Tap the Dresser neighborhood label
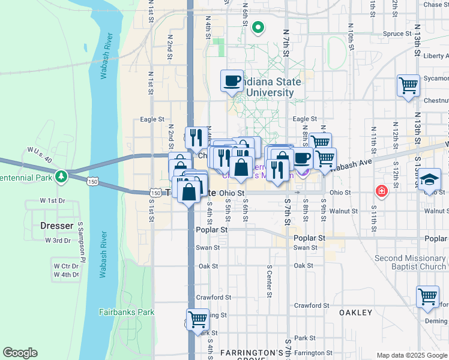click(x=56, y=226)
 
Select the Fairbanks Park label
click(x=127, y=312)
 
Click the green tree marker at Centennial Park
click(x=61, y=177)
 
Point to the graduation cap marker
click(x=429, y=179)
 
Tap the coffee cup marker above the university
click(x=232, y=80)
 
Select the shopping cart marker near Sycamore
click(x=408, y=85)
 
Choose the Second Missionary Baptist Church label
click(x=410, y=262)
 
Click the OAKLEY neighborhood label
click(x=356, y=313)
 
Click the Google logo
click(x=20, y=353)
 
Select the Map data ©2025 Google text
click(x=412, y=355)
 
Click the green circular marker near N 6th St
click(x=258, y=27)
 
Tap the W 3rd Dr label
click(x=58, y=241)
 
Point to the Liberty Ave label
click(x=436, y=56)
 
